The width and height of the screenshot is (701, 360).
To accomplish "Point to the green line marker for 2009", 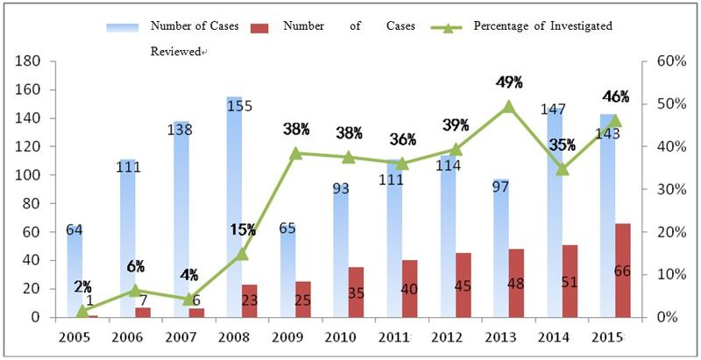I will pos(296,153).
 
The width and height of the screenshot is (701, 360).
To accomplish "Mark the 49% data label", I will pos(509,82).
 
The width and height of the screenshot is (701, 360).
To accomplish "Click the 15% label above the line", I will pos(243,229).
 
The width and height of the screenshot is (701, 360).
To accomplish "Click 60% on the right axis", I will pos(659,62).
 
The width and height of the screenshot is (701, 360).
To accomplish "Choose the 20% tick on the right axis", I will pos(659,232).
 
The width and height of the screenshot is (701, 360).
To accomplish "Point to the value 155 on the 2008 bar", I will pos(238,106).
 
